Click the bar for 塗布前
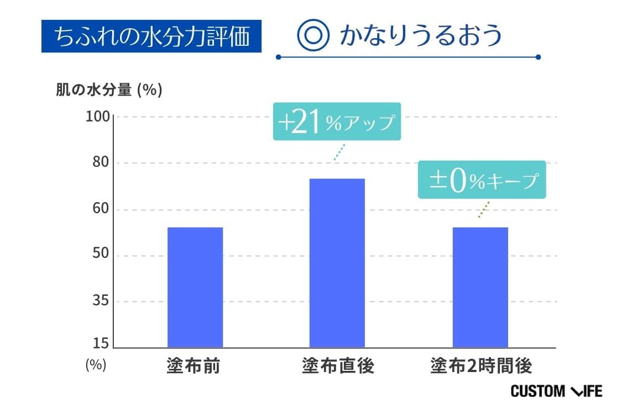[x=195, y=287]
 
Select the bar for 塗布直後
[x=337, y=263]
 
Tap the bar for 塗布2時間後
[x=480, y=287]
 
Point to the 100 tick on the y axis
[x=99, y=117]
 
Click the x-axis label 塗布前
[x=194, y=367]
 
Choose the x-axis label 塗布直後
[x=338, y=367]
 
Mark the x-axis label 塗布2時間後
[x=481, y=367]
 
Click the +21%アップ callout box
[x=337, y=122]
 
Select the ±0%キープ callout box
[x=482, y=180]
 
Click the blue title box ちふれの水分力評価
[x=151, y=36]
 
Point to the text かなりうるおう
[x=421, y=36]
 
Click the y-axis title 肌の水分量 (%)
[x=109, y=91]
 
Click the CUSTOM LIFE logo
[x=556, y=391]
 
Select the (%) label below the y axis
[x=96, y=365]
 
